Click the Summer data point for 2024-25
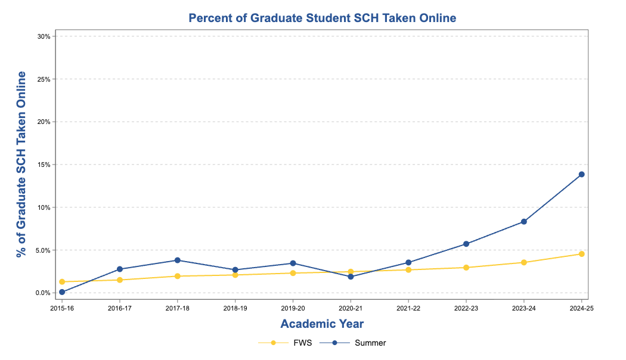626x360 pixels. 581,174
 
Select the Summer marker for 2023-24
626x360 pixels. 524,222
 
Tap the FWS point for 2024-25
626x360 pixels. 581,254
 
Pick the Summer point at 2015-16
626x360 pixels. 62,292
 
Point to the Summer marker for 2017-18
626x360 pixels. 178,260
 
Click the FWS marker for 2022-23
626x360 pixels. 466,268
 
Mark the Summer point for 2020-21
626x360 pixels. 351,277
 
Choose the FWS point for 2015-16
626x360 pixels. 62,281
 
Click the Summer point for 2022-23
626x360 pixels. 466,244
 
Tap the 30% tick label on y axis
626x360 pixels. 44,36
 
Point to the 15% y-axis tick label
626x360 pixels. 44,165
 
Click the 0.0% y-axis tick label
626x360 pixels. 42,293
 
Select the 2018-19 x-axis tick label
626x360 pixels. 235,308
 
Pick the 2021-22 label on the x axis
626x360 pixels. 408,308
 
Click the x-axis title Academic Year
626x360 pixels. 322,324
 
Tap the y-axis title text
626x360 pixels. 22,164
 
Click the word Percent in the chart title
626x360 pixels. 209,18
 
